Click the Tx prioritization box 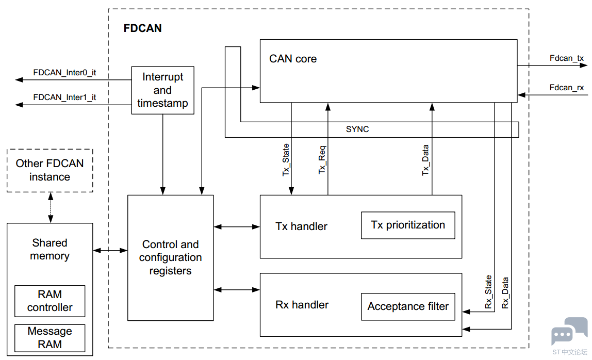pyautogui.click(x=408, y=225)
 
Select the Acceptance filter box pyautogui.click(x=408, y=307)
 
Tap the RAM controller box pyautogui.click(x=50, y=301)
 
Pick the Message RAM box pyautogui.click(x=50, y=338)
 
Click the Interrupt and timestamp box pyautogui.click(x=163, y=90)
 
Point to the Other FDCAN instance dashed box pyautogui.click(x=50, y=170)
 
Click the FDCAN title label pyautogui.click(x=142, y=28)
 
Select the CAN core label pyautogui.click(x=293, y=59)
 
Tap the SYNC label pyautogui.click(x=357, y=129)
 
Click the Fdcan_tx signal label pyautogui.click(x=566, y=58)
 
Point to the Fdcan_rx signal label pyautogui.click(x=566, y=88)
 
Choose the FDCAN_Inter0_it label pyautogui.click(x=64, y=73)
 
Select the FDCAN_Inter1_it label pyautogui.click(x=64, y=97)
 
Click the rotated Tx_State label pyautogui.click(x=286, y=160)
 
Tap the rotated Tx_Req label pyautogui.click(x=322, y=160)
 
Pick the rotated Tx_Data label pyautogui.click(x=425, y=160)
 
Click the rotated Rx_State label pyautogui.click(x=488, y=291)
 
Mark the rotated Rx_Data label pyautogui.click(x=505, y=293)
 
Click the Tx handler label pyautogui.click(x=301, y=226)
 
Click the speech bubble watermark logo pyautogui.click(x=569, y=331)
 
